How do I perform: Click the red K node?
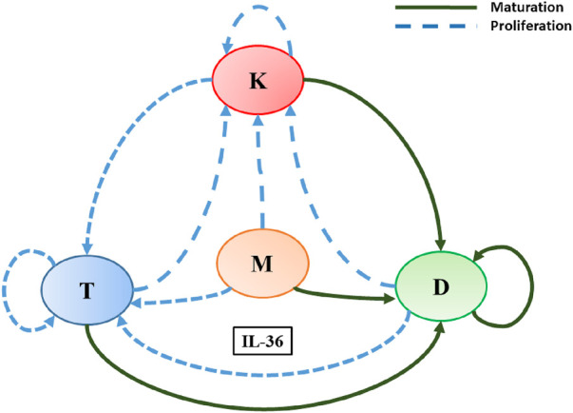pyautogui.click(x=257, y=81)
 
